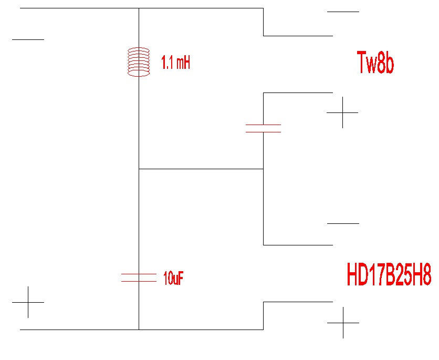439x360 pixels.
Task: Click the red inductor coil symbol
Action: (x=139, y=63)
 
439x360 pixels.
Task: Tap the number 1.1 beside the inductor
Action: (x=168, y=64)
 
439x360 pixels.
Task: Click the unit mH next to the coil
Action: (x=183, y=64)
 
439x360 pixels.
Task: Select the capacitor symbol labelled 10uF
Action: (x=139, y=278)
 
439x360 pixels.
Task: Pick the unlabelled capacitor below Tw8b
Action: (x=263, y=128)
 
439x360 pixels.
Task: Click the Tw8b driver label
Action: (x=375, y=63)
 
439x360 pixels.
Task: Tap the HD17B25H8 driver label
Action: (x=389, y=275)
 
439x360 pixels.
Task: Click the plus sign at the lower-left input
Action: (x=28, y=302)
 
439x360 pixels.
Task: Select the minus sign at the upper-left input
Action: (x=28, y=39)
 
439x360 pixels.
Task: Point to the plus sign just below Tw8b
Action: (x=342, y=112)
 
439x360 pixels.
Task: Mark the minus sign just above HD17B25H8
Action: (x=343, y=223)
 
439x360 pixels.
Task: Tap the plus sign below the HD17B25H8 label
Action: (x=343, y=323)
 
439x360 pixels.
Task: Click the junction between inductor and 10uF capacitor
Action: (x=139, y=169)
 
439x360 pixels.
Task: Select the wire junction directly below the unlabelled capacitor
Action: (x=263, y=169)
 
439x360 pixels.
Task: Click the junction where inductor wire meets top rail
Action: (x=139, y=8)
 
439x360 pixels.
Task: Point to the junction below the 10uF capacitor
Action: (x=139, y=330)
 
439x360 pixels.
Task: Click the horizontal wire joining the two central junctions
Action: (x=201, y=169)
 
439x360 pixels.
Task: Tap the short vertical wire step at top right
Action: (x=263, y=22)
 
